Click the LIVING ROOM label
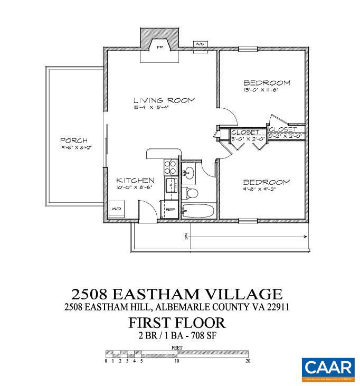click(x=164, y=100)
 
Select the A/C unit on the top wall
click(x=200, y=44)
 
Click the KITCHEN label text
click(x=135, y=180)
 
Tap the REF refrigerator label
click(x=170, y=210)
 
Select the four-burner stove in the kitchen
click(x=171, y=167)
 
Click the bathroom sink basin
click(x=190, y=172)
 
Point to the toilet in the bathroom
click(x=191, y=193)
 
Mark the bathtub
click(x=198, y=212)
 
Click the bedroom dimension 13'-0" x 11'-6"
click(x=268, y=90)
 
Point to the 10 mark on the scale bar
click(x=176, y=361)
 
